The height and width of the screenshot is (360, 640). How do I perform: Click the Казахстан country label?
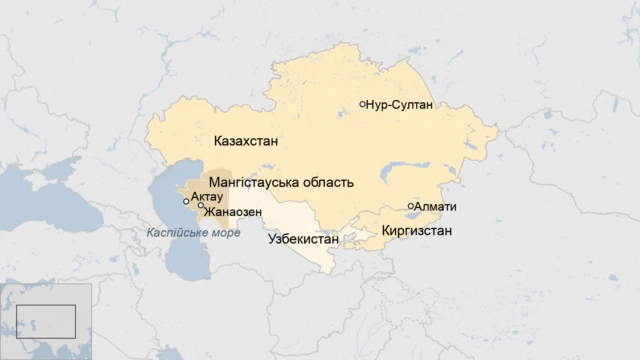coord(245,141)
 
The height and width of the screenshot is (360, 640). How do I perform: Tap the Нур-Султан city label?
coord(399,104)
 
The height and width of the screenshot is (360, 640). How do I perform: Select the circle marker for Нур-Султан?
coord(362,104)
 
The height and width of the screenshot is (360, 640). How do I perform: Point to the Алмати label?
coord(435,207)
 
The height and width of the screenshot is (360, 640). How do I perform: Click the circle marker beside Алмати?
coord(410,207)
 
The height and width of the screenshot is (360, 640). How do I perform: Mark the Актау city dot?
coord(186,201)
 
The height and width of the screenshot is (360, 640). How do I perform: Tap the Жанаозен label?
coord(233,212)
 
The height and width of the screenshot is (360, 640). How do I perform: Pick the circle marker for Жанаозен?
coord(201,206)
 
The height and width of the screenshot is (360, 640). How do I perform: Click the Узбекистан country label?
coord(304,240)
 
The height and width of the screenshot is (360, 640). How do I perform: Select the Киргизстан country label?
coord(416,231)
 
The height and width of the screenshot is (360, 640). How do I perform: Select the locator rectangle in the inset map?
coord(46,321)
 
